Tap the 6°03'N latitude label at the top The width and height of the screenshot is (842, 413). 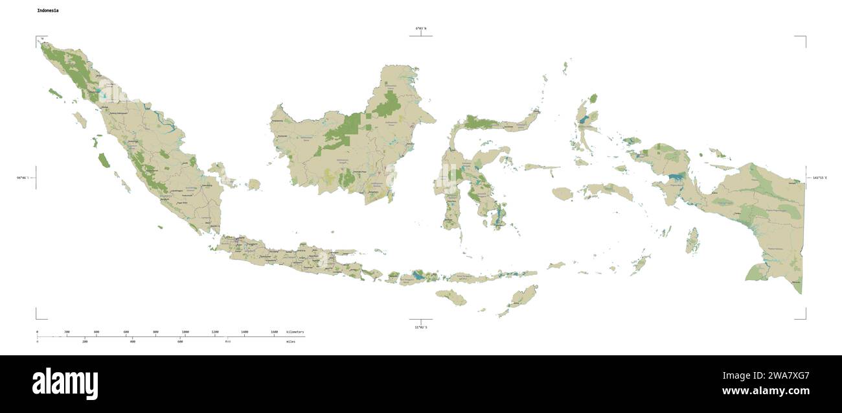click(x=421, y=29)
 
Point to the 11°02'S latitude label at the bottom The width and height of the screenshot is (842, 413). click(x=421, y=327)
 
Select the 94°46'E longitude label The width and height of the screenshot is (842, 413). click(x=23, y=177)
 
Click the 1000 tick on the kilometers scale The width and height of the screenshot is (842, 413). click(x=185, y=332)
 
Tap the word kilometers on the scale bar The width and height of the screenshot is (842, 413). click(x=295, y=332)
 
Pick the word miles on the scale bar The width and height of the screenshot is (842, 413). click(x=290, y=341)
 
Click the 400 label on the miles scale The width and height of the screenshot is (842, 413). click(x=132, y=341)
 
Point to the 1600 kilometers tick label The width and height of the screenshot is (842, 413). click(x=274, y=332)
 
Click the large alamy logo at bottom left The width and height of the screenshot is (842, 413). click(x=65, y=384)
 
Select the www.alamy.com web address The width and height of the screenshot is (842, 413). click(x=766, y=391)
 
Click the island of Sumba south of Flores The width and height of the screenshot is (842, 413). click(x=451, y=298)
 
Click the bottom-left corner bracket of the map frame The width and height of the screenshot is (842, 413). click(x=38, y=316)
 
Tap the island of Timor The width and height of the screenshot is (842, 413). click(x=521, y=298)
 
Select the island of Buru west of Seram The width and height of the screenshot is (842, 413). click(x=562, y=193)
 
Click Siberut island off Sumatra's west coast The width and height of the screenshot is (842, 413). click(x=104, y=159)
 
